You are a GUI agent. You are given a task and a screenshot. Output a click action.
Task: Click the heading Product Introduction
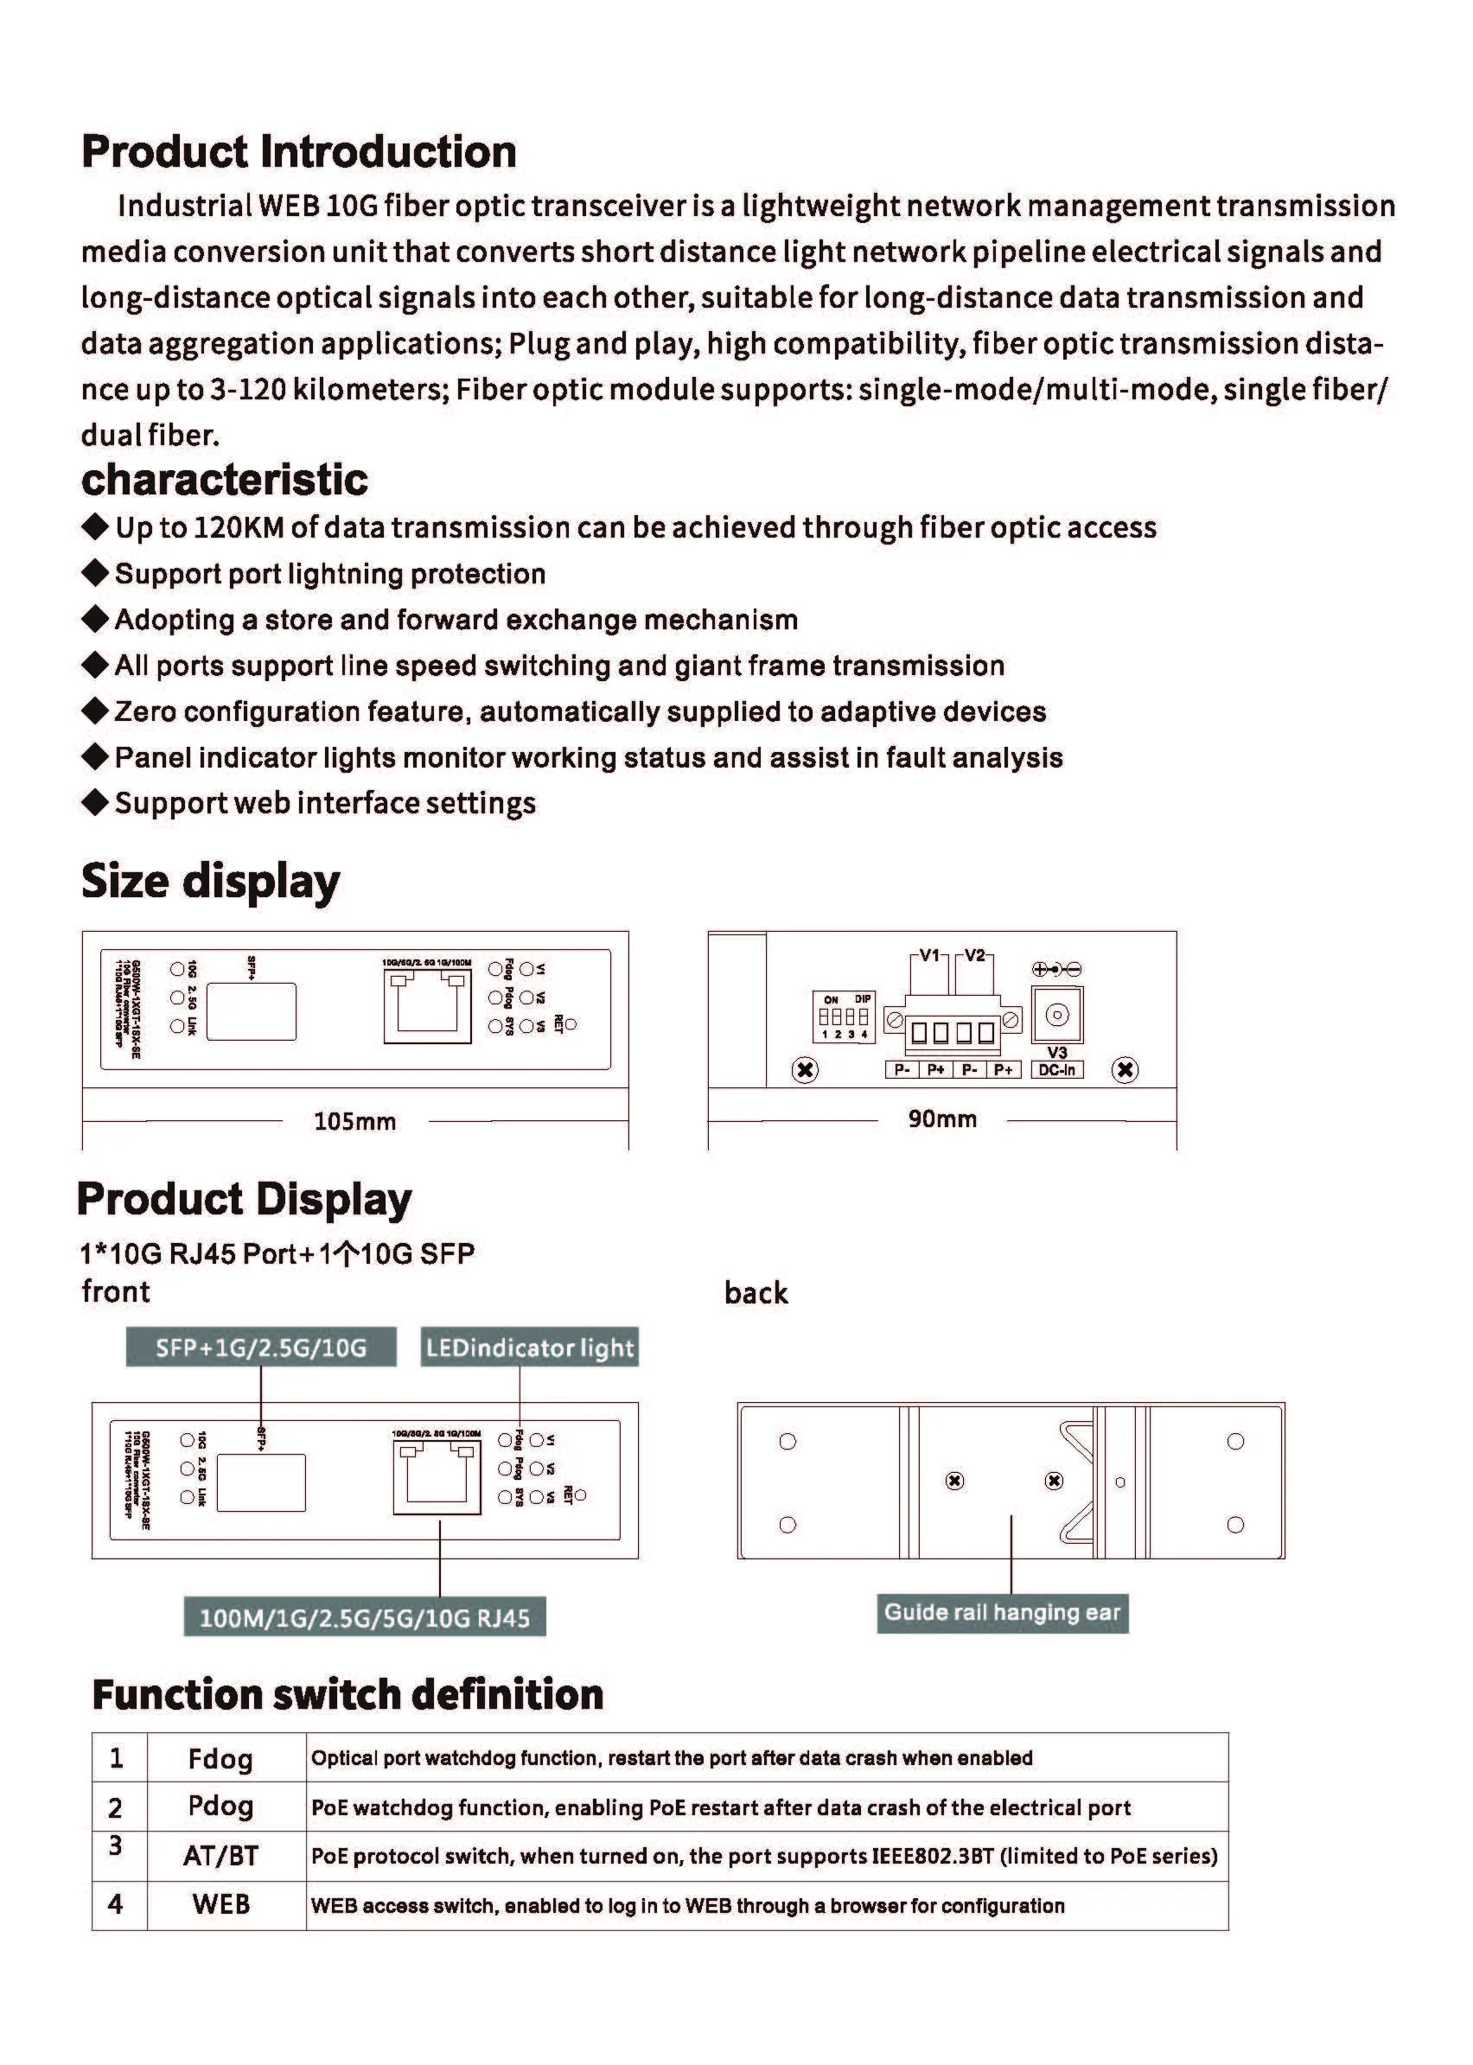click(x=298, y=151)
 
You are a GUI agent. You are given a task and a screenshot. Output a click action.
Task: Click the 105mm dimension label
click(x=354, y=1122)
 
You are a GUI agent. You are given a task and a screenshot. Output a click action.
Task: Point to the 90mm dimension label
click(x=942, y=1119)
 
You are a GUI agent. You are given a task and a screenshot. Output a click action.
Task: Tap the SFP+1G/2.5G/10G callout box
click(x=261, y=1348)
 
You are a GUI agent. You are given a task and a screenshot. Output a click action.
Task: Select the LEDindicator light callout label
click(x=530, y=1348)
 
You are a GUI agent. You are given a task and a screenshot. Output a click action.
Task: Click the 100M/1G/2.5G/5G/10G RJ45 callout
click(x=365, y=1618)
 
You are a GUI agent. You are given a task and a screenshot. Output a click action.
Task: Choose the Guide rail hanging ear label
click(x=1002, y=1612)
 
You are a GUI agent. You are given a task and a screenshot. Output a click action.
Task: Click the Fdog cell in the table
click(x=220, y=1758)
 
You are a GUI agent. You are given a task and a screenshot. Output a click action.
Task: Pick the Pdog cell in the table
click(x=220, y=1806)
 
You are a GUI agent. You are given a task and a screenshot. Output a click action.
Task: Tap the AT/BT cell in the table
click(x=220, y=1856)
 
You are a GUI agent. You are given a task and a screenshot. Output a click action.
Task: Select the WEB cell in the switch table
click(x=220, y=1904)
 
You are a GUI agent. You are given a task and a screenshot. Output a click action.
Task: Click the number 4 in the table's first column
click(x=115, y=1904)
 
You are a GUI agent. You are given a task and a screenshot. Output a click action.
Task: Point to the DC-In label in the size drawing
click(x=1056, y=1070)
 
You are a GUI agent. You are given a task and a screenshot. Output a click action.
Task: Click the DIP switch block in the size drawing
click(x=844, y=1017)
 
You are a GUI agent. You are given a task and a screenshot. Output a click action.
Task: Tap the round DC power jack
click(x=1056, y=1015)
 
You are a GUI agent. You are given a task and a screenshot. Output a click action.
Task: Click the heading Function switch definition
click(x=348, y=1694)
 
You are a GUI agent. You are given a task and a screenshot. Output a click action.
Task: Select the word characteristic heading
click(x=224, y=480)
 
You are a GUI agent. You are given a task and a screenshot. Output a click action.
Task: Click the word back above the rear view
click(x=756, y=1292)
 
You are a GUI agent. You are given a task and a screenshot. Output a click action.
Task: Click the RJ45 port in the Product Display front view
click(x=437, y=1477)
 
